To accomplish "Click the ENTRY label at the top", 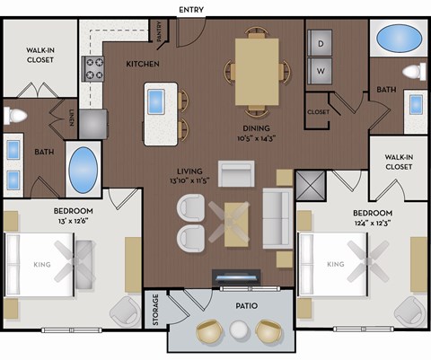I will point(191,10).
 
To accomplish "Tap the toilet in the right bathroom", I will point(413,71).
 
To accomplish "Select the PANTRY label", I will point(160,32).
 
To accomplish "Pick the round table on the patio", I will point(238,330).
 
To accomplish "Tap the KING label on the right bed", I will point(335,265).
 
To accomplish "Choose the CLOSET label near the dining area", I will point(319,112).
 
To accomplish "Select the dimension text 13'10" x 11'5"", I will point(189,180).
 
